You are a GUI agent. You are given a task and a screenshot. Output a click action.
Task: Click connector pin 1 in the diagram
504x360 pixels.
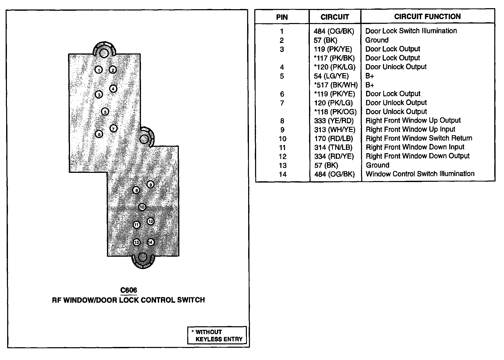tap(99, 70)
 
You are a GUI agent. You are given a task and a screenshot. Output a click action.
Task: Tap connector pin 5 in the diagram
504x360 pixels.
tap(105, 112)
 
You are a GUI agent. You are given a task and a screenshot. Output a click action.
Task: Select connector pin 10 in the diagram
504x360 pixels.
tap(142, 207)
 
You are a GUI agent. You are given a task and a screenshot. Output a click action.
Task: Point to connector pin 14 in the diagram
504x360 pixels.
tap(150, 242)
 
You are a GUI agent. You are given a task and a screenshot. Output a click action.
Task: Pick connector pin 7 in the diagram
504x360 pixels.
tap(113, 128)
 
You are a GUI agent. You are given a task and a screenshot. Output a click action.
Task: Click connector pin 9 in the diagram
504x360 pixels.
tap(150, 185)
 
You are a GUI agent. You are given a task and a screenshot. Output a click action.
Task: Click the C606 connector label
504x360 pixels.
tap(128, 290)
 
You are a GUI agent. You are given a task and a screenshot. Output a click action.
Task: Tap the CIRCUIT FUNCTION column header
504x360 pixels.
tap(427, 17)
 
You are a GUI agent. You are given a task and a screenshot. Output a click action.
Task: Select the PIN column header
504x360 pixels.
tap(282, 17)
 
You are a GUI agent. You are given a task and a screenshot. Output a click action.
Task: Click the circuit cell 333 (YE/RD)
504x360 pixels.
tap(334, 121)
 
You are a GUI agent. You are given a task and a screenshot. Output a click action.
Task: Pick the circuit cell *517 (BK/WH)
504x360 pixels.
tap(336, 85)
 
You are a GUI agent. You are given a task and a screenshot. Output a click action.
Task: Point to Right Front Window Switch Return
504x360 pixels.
tap(419, 138)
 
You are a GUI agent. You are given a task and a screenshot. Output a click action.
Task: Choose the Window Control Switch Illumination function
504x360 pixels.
tap(420, 174)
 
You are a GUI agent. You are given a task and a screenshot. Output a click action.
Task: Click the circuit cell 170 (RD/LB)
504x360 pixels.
tap(333, 139)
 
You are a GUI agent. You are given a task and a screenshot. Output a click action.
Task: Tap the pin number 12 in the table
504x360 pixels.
tap(282, 156)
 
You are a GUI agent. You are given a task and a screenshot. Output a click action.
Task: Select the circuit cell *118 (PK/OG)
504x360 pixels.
tap(335, 112)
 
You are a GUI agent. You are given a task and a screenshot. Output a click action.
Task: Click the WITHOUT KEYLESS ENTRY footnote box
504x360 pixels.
tap(217, 335)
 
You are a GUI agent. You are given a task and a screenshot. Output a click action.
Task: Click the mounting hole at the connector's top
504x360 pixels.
tap(104, 53)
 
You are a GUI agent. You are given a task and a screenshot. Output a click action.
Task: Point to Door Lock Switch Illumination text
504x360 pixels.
tap(411, 31)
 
